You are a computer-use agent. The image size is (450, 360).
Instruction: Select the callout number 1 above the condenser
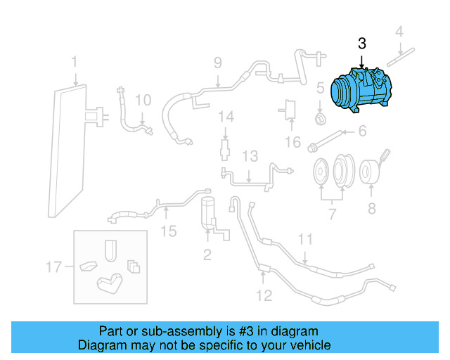[x=74, y=65]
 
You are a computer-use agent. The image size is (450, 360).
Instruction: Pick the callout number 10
[x=143, y=101]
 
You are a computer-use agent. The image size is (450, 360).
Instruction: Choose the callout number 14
[x=225, y=116]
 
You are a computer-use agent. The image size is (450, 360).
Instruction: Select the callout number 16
[x=292, y=143]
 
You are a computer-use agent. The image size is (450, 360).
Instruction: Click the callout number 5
[x=319, y=89]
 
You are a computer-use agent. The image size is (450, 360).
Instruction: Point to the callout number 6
[x=363, y=131]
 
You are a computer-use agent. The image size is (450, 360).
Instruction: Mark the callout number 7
[x=332, y=213]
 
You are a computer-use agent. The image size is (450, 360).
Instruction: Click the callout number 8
[x=371, y=209]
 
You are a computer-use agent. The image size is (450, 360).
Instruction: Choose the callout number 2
[x=207, y=255]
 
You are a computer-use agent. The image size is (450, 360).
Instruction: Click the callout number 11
[x=304, y=240]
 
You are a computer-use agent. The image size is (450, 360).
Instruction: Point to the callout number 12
[x=263, y=295]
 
